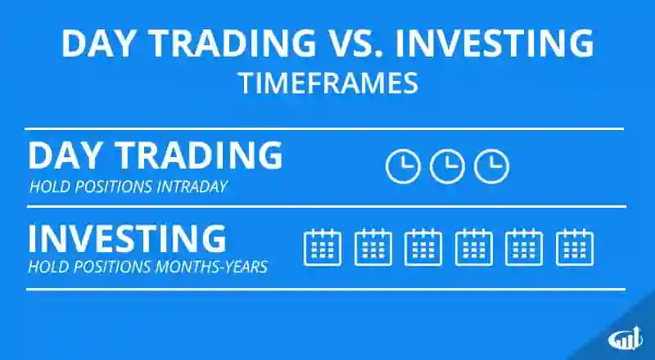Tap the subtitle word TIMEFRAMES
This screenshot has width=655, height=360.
329,83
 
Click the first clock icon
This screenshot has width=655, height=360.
403,166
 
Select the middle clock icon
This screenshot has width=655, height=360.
447,166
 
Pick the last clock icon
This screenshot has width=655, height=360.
492,166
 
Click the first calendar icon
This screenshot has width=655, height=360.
323,247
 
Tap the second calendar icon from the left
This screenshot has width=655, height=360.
373,247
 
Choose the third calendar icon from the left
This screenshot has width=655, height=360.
423,247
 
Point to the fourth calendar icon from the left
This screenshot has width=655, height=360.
474,247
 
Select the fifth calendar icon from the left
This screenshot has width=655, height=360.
524,247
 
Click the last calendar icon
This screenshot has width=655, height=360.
575,247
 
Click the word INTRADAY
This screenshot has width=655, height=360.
192,187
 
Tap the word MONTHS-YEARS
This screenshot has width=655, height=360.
211,267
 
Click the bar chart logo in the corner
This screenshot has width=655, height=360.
626,339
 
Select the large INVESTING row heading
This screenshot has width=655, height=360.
127,238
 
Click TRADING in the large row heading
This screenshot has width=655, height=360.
199,155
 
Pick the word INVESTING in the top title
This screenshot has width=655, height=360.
494,43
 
